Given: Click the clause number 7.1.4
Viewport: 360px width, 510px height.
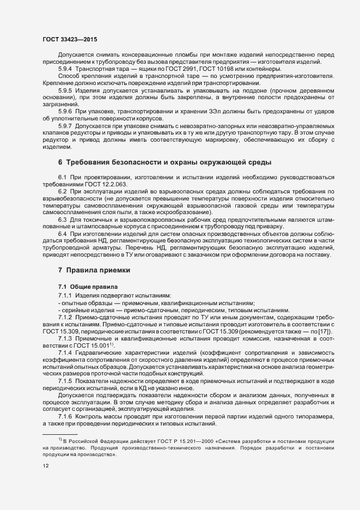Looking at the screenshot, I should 65,353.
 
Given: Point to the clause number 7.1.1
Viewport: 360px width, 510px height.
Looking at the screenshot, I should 65,295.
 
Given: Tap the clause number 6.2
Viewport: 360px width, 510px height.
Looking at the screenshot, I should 62,192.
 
